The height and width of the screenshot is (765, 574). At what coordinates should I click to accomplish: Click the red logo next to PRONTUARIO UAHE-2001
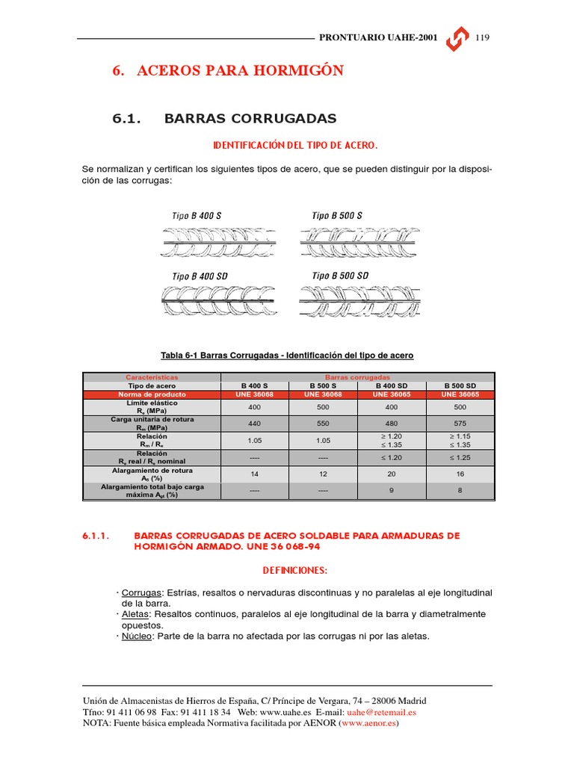pos(457,40)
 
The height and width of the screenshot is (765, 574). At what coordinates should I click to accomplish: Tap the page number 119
pos(482,38)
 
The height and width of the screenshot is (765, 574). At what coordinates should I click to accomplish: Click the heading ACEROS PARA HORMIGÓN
pos(227,71)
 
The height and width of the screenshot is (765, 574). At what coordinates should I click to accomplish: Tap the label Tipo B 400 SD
pos(200,276)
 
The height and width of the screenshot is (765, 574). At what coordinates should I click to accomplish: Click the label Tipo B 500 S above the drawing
pos(337,216)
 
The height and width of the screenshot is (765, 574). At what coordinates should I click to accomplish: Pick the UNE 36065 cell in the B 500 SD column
pos(460,394)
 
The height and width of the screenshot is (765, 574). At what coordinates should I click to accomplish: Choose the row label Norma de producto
pos(152,394)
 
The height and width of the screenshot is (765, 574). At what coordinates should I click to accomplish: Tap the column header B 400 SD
pos(391,386)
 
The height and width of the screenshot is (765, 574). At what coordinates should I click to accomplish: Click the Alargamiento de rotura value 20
pos(391,474)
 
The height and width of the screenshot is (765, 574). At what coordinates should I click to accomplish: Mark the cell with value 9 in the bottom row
pos(391,491)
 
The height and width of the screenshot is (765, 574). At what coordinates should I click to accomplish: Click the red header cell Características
pos(152,377)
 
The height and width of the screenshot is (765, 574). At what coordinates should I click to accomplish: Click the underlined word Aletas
pos(136,614)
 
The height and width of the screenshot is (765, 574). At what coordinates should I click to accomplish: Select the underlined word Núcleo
pos(138,636)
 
